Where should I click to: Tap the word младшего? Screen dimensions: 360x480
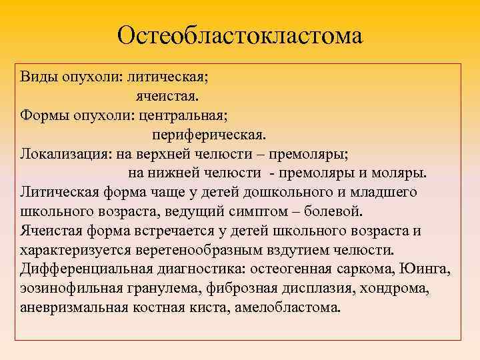click(381, 193)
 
